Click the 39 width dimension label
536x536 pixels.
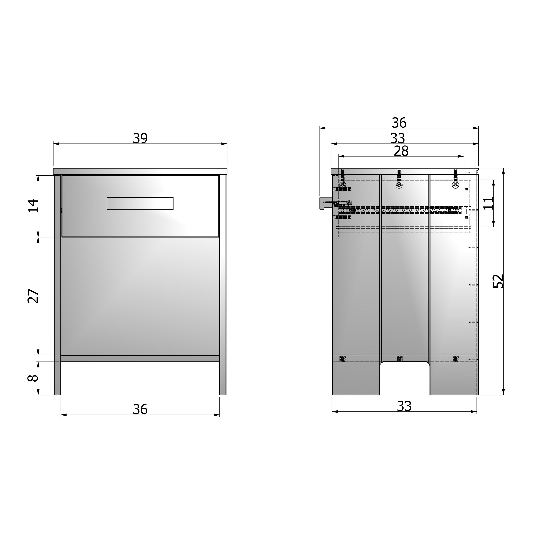pyautogui.click(x=140, y=138)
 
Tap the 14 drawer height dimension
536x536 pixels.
pyautogui.click(x=33, y=206)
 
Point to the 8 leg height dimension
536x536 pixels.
pyautogui.click(x=33, y=378)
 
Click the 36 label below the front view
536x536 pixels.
pyautogui.click(x=140, y=409)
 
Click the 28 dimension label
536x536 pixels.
pyautogui.click(x=401, y=151)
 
